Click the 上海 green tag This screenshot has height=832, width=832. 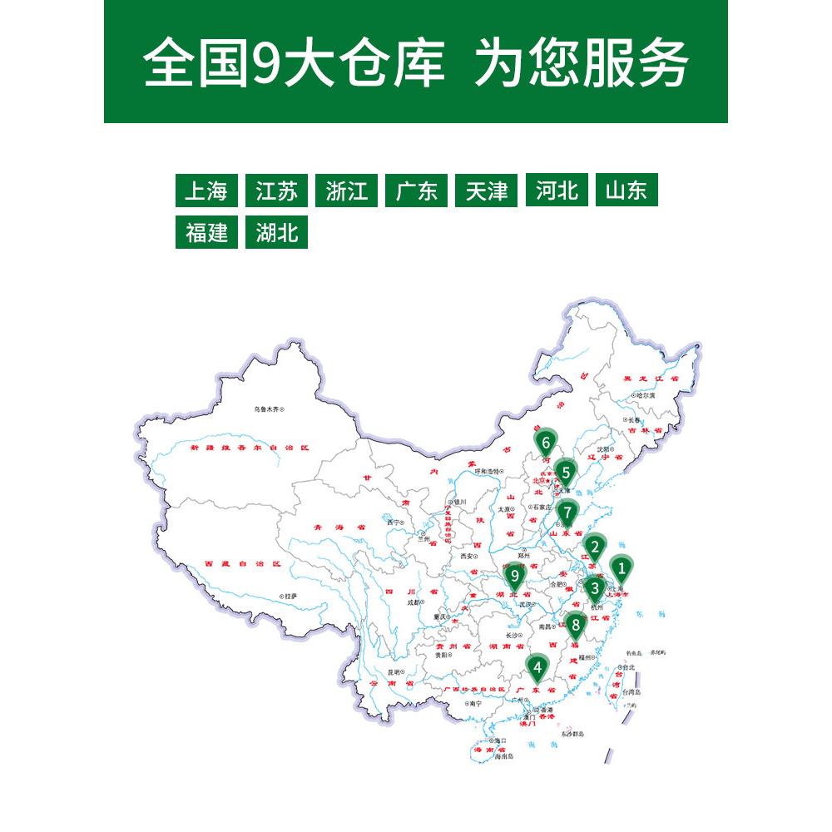(206, 191)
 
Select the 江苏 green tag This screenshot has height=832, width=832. (276, 191)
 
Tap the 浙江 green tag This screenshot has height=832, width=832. (347, 191)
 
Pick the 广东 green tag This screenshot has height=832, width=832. (417, 191)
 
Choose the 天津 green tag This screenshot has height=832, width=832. (487, 191)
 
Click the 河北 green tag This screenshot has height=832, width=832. (557, 191)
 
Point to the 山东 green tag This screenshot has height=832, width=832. (626, 191)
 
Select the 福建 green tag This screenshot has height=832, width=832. (206, 233)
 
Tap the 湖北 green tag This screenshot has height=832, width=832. (276, 233)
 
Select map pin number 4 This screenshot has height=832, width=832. (538, 667)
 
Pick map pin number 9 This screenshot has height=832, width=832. (515, 575)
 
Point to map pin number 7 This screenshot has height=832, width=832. (567, 512)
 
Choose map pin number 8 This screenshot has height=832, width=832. (575, 622)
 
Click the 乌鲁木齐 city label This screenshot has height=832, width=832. (270, 409)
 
